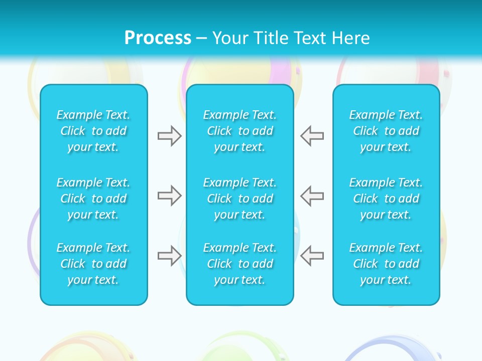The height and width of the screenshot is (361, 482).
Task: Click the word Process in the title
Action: point(158,38)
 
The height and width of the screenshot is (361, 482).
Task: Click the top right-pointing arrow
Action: point(169,136)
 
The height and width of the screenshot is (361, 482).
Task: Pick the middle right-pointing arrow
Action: point(169,196)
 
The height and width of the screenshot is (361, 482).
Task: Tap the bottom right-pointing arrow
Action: point(169,256)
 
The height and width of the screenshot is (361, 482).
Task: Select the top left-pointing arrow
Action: point(312,136)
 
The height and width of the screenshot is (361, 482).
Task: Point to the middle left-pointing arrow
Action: point(312,196)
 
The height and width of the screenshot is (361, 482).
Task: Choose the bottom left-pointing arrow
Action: point(312,256)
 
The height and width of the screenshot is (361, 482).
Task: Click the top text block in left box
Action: point(93,131)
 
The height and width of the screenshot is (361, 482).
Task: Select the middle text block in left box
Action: point(93,199)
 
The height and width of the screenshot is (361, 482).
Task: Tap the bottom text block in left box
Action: point(93,264)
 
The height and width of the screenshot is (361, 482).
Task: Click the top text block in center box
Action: point(240,131)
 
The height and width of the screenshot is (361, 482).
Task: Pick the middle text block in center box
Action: point(240,199)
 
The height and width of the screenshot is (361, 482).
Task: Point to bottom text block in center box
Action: point(240,264)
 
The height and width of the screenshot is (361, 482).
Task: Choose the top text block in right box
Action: point(386,131)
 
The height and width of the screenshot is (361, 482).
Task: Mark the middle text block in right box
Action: point(386,199)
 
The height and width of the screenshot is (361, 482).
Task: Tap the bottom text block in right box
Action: point(386,264)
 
